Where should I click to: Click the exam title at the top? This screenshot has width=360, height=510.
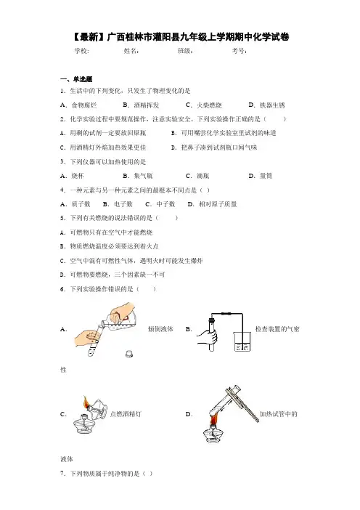click(180, 37)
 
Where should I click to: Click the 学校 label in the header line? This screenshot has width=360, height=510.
click(81, 51)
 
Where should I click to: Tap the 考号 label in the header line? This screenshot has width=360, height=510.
click(239, 51)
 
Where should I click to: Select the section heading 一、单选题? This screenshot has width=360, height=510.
click(76, 79)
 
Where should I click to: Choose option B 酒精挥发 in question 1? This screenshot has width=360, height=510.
click(141, 105)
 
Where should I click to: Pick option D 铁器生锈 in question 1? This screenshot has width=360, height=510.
click(267, 105)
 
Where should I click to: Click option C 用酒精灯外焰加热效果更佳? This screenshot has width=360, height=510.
click(103, 147)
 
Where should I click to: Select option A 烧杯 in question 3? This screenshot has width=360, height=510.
click(72, 176)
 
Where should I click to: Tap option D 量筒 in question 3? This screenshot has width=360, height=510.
click(261, 176)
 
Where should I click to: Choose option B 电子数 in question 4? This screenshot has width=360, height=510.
click(118, 204)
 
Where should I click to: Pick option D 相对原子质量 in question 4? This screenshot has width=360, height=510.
click(212, 204)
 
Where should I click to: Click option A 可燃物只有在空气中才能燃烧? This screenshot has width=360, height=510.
click(106, 232)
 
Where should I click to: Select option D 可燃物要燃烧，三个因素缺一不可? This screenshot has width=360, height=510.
click(112, 275)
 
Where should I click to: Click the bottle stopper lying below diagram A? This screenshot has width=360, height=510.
click(129, 353)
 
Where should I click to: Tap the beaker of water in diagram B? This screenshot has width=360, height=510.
click(242, 341)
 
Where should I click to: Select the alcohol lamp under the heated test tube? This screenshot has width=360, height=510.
click(213, 431)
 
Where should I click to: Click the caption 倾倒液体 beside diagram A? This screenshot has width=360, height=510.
click(160, 329)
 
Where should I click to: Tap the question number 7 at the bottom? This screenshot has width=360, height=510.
click(62, 473)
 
